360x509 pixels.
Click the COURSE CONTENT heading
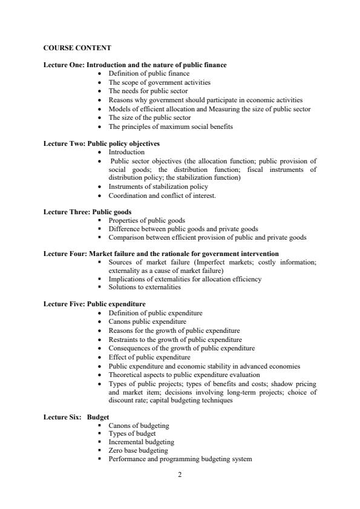(x=77, y=47)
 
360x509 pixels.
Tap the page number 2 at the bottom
(x=180, y=474)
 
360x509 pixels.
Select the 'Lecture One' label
(x=64, y=65)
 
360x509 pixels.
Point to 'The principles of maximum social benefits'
(x=171, y=126)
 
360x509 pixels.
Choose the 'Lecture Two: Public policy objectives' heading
(x=102, y=144)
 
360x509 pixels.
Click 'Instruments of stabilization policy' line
(x=158, y=187)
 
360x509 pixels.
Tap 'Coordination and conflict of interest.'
(x=162, y=195)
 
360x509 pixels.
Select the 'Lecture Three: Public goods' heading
(x=88, y=212)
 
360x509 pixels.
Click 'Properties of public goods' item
(x=146, y=221)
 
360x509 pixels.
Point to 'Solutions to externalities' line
(x=145, y=287)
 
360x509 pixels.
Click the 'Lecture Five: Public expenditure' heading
(x=94, y=304)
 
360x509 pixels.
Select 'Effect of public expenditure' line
(x=149, y=357)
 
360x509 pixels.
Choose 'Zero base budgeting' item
(x=138, y=451)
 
